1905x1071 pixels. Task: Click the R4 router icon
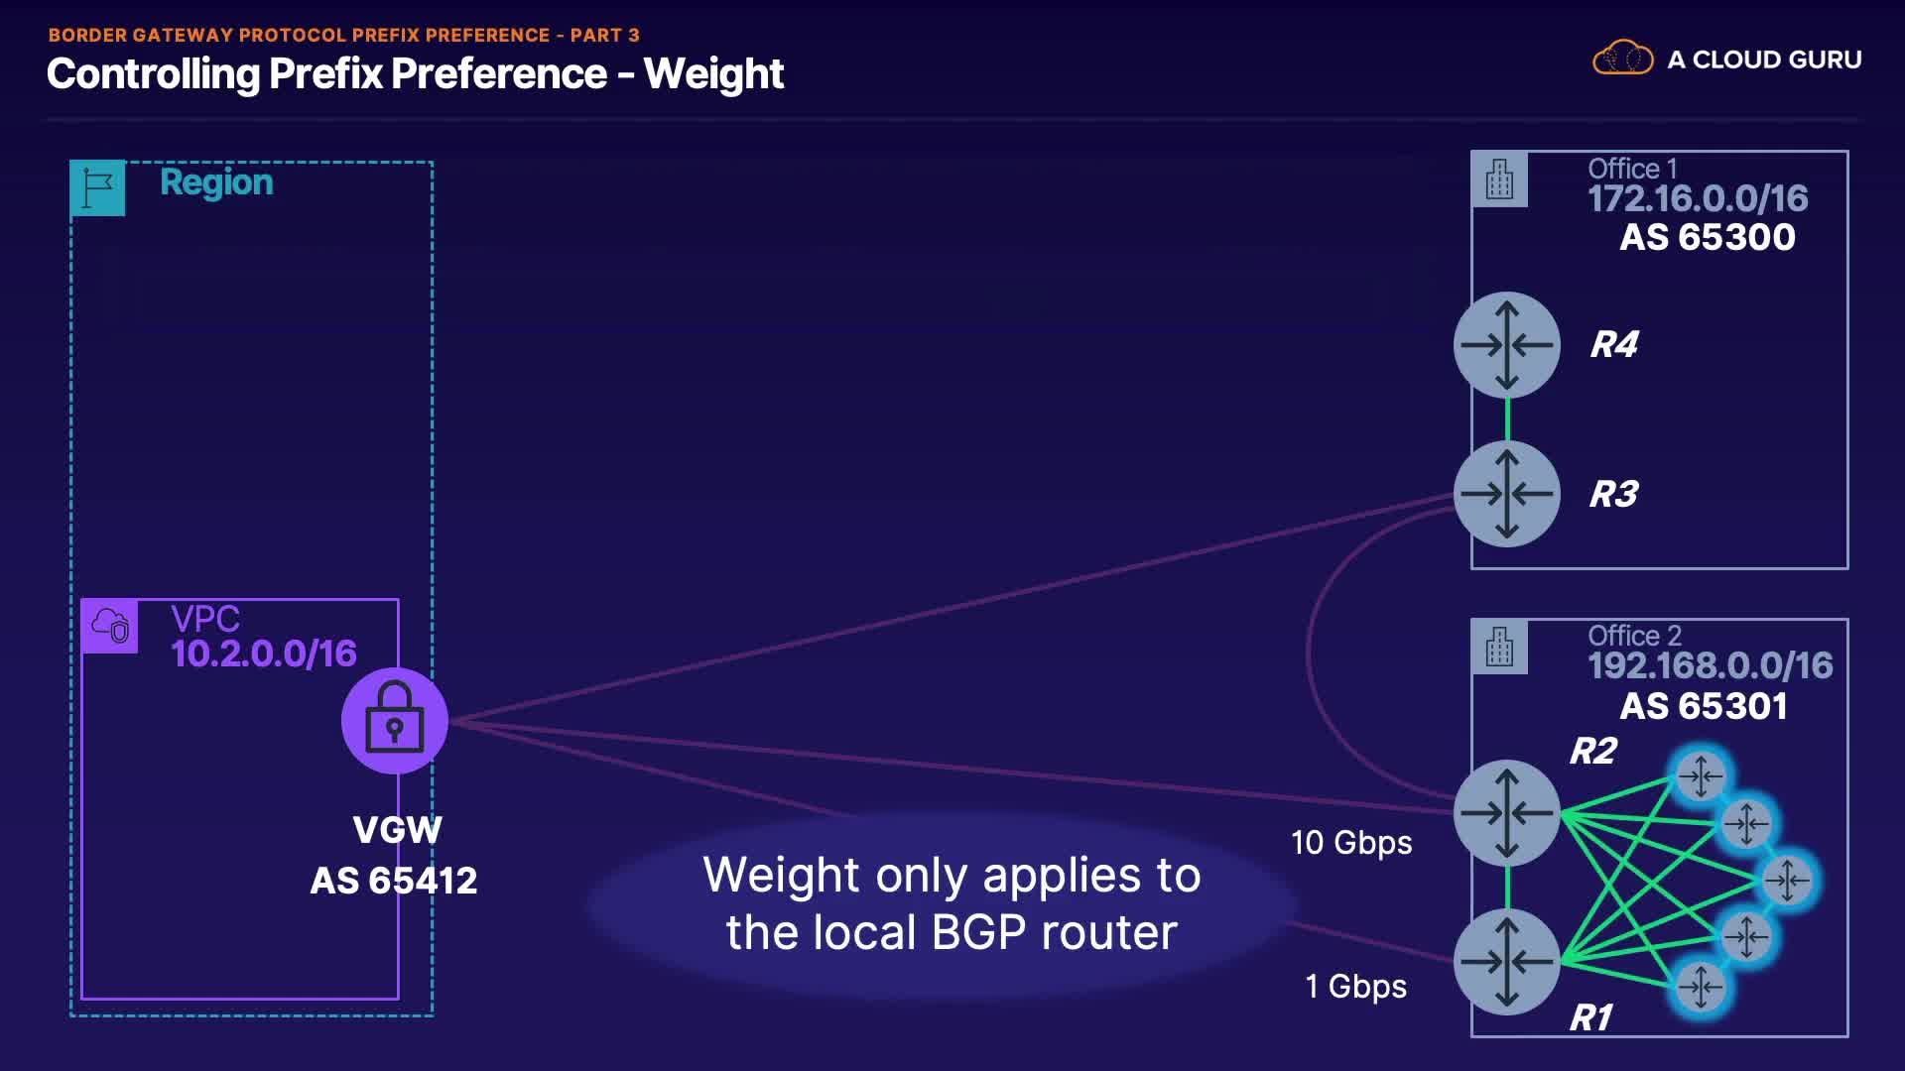[1507, 345]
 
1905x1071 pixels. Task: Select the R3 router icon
[1507, 494]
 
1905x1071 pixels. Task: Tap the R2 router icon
[1507, 813]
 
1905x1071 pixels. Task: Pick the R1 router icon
[1507, 962]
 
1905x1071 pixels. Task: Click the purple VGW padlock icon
[395, 721]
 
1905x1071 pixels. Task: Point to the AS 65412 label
[394, 881]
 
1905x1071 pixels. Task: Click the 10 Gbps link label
[1351, 843]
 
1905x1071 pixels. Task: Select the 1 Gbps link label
[1355, 987]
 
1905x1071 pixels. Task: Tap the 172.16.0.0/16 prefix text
[1698, 198]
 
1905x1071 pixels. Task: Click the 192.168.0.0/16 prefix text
[1711, 665]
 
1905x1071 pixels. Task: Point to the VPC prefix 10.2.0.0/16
[264, 654]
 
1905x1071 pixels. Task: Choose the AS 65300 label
[1708, 237]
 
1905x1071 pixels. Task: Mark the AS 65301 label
[1704, 706]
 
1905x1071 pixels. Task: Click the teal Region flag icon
[98, 187]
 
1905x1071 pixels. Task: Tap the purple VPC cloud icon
[110, 626]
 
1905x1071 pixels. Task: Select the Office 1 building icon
[1500, 179]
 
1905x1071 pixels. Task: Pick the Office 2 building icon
[1500, 648]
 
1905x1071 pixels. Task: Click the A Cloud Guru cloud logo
[1622, 59]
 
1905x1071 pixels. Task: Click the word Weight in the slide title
[713, 74]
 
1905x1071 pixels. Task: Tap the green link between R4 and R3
[1507, 419]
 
